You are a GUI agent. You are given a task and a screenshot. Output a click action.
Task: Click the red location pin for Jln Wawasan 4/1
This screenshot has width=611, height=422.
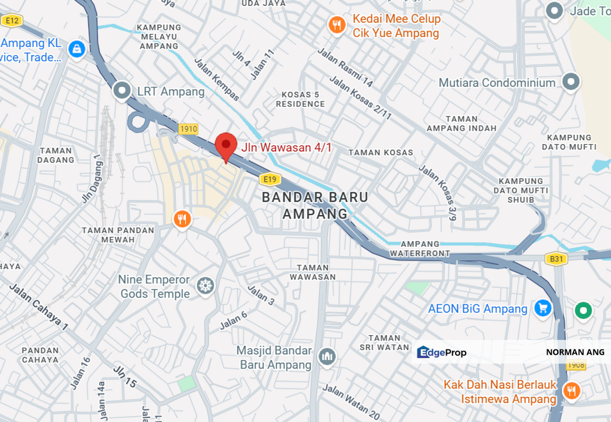[x=226, y=145]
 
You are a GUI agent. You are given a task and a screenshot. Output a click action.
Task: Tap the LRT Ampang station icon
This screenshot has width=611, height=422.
[x=122, y=90]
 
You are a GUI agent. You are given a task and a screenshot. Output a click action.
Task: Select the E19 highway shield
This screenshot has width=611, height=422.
[x=270, y=179]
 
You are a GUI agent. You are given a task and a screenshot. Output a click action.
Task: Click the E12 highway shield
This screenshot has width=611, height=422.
[x=11, y=21]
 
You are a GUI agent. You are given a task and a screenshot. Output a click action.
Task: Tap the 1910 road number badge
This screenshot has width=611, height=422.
[x=188, y=129]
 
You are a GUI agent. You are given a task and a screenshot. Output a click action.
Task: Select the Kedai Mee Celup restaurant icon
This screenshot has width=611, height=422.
[x=336, y=25]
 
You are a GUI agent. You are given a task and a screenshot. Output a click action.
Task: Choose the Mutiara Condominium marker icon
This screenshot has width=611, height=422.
[x=571, y=82]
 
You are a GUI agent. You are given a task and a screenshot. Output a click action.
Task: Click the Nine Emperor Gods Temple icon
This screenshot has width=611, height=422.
[x=206, y=286]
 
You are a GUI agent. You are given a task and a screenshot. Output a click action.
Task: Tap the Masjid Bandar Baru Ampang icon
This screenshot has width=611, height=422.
[x=327, y=356]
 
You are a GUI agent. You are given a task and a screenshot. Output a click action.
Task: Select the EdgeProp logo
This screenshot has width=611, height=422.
[x=442, y=352]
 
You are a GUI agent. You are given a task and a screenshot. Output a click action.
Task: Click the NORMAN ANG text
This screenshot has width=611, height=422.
[x=575, y=352]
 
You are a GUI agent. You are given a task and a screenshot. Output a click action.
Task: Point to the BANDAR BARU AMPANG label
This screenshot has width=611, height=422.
[x=315, y=205]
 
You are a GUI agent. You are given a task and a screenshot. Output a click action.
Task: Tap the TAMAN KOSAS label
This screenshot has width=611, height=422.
[x=381, y=152]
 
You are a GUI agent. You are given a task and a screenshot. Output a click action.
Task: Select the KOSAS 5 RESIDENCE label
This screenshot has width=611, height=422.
[x=303, y=99]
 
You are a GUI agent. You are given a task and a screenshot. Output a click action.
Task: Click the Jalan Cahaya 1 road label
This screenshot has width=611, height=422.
[x=38, y=308]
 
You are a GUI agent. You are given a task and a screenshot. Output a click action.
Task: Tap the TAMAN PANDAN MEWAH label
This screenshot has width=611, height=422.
[x=118, y=234]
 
